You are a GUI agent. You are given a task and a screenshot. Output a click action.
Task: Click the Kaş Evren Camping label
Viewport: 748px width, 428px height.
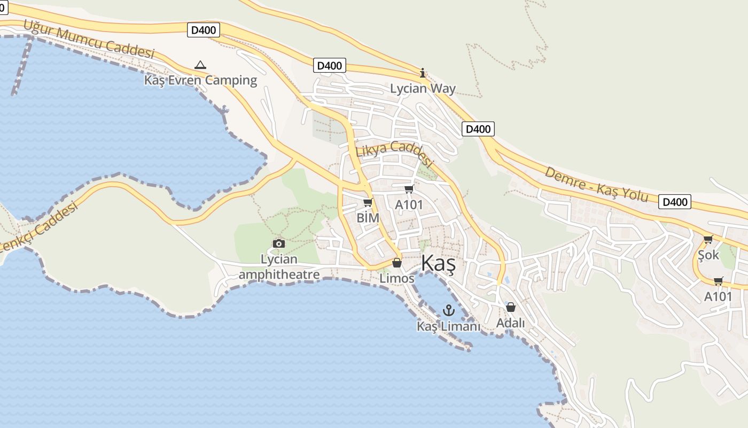(x=200, y=80)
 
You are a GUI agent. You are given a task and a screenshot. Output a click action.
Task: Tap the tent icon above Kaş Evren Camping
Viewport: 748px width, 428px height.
(x=200, y=65)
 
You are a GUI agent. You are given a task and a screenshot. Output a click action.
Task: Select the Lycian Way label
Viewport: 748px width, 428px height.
(x=423, y=88)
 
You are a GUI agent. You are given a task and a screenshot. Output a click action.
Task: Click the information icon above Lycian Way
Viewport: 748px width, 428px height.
(x=423, y=73)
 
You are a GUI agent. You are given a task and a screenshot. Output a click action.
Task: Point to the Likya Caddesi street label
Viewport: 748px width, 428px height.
(x=394, y=154)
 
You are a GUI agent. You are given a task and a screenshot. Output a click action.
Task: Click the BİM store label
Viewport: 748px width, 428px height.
(x=368, y=218)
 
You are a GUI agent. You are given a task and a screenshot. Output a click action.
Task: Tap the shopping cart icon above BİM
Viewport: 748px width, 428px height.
(x=368, y=202)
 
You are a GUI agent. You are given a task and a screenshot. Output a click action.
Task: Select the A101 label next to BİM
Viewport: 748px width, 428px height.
(x=409, y=204)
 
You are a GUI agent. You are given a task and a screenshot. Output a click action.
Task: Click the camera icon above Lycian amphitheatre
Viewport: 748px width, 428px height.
(x=278, y=244)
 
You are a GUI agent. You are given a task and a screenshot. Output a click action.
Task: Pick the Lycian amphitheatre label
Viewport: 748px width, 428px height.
(x=279, y=267)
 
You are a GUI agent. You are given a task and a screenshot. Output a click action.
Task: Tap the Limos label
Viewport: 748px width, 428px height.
(x=396, y=278)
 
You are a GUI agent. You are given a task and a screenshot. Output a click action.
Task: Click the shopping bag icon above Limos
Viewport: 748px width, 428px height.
(x=396, y=263)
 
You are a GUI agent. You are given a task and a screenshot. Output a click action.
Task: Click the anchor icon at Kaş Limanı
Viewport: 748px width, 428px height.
(x=449, y=310)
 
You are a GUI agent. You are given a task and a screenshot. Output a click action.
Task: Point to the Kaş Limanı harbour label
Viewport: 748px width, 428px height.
(x=448, y=326)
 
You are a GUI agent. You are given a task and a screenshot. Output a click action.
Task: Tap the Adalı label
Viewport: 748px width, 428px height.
(x=510, y=323)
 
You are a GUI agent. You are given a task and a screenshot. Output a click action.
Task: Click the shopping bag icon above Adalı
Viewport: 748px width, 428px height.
(x=510, y=307)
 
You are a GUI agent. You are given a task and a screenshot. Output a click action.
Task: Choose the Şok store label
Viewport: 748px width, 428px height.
(x=708, y=255)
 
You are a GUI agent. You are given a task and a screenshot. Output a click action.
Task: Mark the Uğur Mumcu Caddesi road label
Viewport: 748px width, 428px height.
(x=89, y=40)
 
